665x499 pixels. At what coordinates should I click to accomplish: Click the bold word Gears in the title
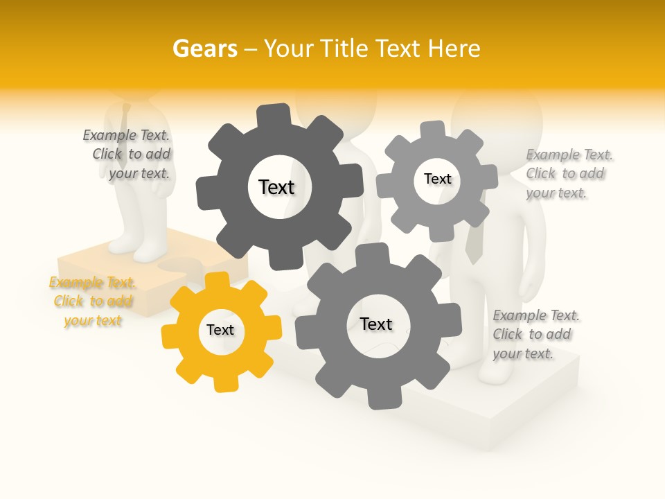click(205, 49)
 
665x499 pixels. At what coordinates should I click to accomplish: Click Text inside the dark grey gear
click(276, 187)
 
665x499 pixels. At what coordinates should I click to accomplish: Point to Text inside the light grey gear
click(437, 179)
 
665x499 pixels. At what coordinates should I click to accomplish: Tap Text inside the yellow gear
click(220, 330)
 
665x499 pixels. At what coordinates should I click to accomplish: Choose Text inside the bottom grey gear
click(376, 324)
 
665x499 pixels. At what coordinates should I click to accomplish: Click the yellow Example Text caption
click(92, 301)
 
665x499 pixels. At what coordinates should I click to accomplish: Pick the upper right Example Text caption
click(568, 174)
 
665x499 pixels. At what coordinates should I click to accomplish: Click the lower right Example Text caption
click(535, 335)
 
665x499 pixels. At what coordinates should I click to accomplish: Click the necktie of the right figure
click(474, 243)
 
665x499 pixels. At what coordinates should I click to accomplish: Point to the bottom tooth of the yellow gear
click(224, 382)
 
